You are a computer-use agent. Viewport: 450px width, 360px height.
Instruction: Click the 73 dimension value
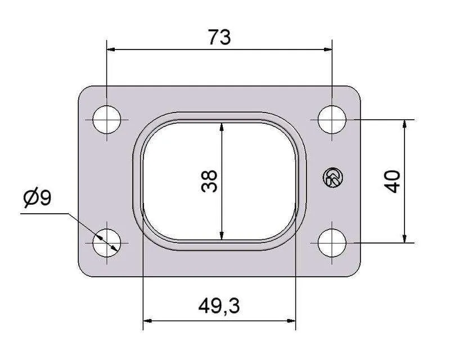tap(219, 37)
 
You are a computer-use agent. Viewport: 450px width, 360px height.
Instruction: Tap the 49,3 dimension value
tap(219, 306)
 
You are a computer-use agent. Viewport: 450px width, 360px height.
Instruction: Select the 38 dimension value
tap(209, 181)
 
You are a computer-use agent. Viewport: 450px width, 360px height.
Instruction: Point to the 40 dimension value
tap(392, 182)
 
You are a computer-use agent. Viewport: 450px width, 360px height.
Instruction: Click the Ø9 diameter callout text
tap(37, 197)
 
